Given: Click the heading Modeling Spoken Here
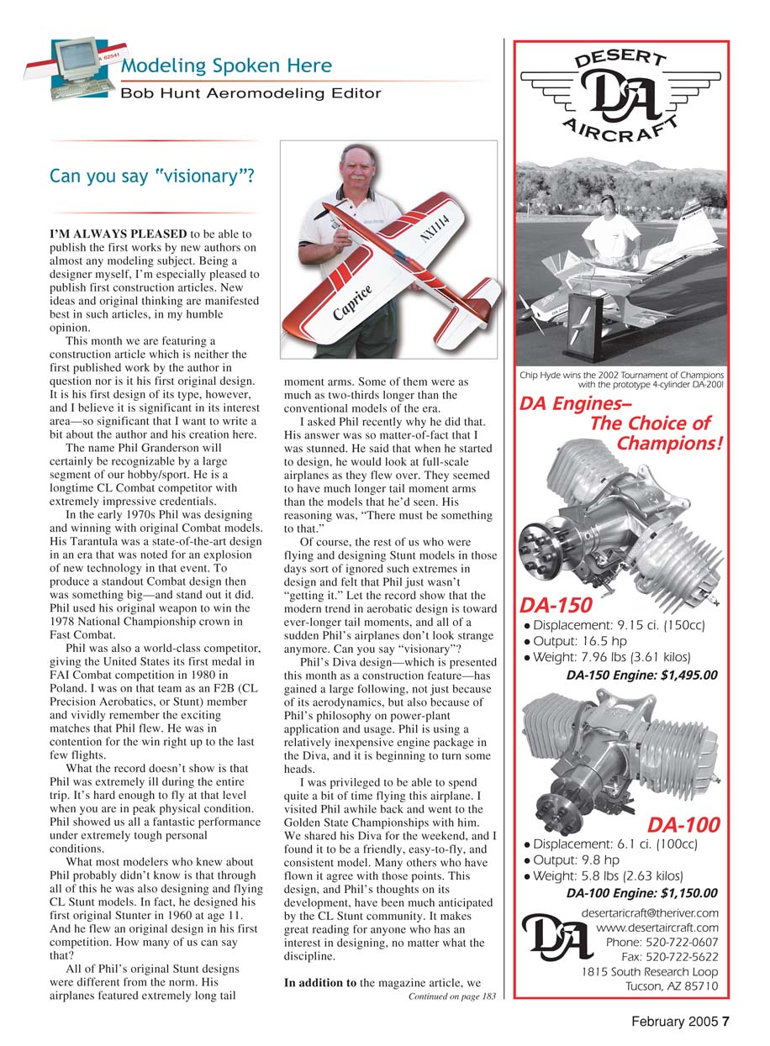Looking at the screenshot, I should (226, 66).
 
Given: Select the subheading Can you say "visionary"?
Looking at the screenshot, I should (152, 177).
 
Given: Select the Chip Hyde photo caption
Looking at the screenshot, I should (623, 380).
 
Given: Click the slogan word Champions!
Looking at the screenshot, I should (669, 443).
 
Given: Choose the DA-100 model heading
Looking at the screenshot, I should (683, 826).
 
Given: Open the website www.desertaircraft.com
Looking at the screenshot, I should (657, 928).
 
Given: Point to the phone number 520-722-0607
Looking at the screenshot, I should (662, 943).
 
